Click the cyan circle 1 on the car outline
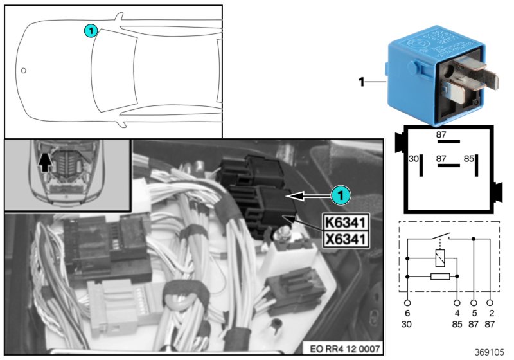91,30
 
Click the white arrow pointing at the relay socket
308,195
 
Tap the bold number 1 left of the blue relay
361,82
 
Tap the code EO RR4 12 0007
348,348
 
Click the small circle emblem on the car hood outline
24,70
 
